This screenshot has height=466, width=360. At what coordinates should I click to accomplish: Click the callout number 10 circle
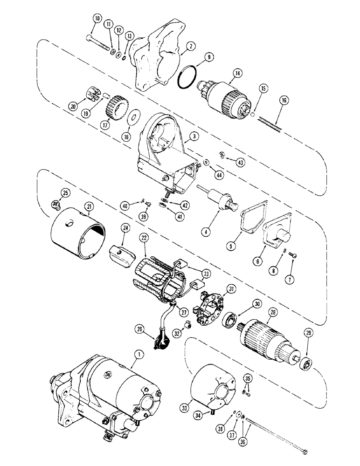tap(97, 19)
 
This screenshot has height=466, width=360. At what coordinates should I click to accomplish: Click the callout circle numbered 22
tap(144, 238)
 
